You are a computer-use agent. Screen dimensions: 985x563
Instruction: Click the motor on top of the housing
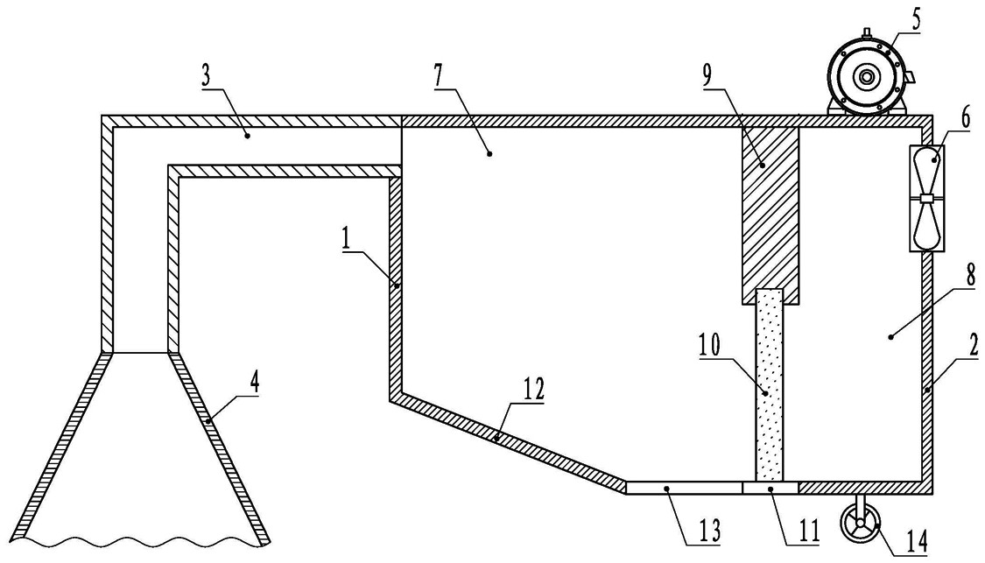(868, 76)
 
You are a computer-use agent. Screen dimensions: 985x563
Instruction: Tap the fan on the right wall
(927, 198)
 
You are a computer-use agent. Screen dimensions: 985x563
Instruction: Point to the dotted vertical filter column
(770, 384)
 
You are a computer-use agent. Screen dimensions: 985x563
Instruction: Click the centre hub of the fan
(927, 199)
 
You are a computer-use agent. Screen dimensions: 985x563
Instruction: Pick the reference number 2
(973, 346)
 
